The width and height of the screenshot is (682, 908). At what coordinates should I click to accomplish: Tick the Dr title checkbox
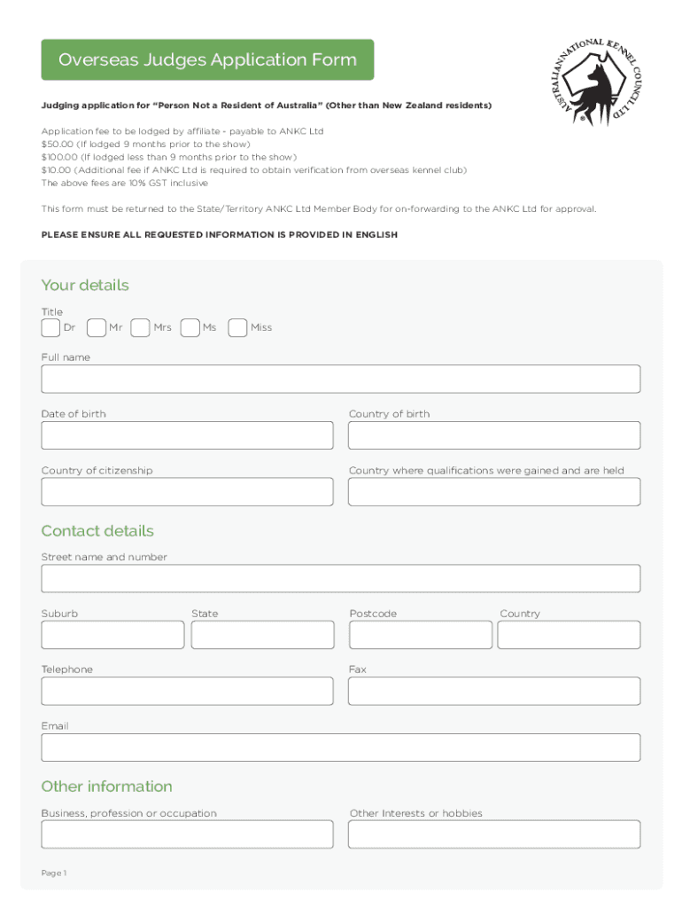coord(51,328)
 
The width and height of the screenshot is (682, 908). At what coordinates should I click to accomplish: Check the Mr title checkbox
coord(97,328)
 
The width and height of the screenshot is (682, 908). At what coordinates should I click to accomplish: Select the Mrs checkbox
coord(140,328)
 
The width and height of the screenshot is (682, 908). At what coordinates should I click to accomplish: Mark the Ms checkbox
coord(190,328)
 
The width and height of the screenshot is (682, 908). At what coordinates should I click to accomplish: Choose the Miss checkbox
coord(237,328)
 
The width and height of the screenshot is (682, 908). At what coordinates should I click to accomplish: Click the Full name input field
coord(340,379)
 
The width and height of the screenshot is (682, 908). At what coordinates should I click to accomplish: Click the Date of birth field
coord(187,435)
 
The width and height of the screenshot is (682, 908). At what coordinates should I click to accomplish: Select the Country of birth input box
coord(493,435)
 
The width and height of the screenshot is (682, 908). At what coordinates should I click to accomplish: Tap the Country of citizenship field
coord(187,492)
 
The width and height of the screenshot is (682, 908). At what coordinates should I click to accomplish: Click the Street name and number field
coord(340,578)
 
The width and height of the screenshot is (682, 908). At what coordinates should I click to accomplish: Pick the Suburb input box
coord(112,635)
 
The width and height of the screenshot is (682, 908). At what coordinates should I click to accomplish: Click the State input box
coord(262,635)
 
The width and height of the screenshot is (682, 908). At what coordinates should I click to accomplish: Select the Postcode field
coord(420,635)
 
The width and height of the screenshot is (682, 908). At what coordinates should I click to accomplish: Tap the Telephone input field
coord(187,691)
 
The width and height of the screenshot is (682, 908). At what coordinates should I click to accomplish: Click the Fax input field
coord(493,691)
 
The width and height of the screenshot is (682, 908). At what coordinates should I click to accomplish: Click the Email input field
coord(340,748)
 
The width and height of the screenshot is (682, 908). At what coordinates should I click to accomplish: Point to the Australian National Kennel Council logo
coord(591,82)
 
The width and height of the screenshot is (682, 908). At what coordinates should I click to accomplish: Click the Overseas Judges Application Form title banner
coord(207,60)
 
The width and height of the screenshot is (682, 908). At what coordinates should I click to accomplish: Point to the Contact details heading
coord(97,531)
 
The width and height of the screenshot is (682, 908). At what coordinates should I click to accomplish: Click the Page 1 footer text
coord(54,873)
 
